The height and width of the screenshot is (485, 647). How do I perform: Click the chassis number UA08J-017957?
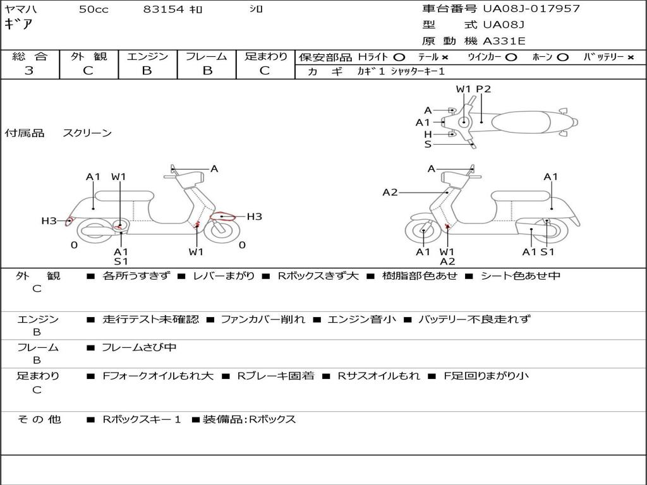click(531, 9)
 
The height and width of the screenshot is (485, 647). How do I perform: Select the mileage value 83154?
click(164, 9)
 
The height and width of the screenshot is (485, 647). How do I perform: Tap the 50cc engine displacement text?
click(94, 9)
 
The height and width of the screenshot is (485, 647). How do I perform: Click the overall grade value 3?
click(29, 71)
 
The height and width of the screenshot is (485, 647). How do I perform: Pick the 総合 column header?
click(30, 57)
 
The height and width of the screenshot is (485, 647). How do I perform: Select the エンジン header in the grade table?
click(147, 57)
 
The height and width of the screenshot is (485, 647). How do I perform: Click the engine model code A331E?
click(504, 42)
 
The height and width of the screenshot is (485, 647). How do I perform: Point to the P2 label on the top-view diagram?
click(483, 89)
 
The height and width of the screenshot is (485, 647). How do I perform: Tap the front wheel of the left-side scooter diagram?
click(219, 229)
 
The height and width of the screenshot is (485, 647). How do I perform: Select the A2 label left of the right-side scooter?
click(390, 192)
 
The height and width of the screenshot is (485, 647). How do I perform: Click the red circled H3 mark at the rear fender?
click(70, 221)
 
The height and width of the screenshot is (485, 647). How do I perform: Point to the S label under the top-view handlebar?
click(428, 145)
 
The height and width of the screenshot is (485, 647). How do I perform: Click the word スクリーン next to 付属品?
click(87, 133)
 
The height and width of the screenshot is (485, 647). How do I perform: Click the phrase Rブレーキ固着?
click(276, 376)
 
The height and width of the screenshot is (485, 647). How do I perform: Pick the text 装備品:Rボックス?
click(249, 419)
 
